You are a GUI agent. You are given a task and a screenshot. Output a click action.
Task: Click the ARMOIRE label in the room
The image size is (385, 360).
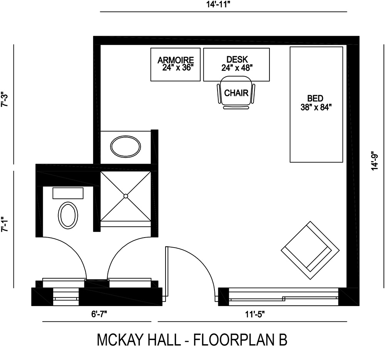coord(175,60)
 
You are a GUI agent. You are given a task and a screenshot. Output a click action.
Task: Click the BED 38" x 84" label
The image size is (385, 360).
coord(316,103)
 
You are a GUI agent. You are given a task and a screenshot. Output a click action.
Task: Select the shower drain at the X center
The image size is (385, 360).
coord(126,196)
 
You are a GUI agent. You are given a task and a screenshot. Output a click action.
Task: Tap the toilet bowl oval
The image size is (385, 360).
coord(68,214)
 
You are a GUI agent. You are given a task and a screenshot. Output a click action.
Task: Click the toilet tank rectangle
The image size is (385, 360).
coord(68,193)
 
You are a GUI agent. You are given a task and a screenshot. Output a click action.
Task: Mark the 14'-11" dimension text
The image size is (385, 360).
coord(223,5)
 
